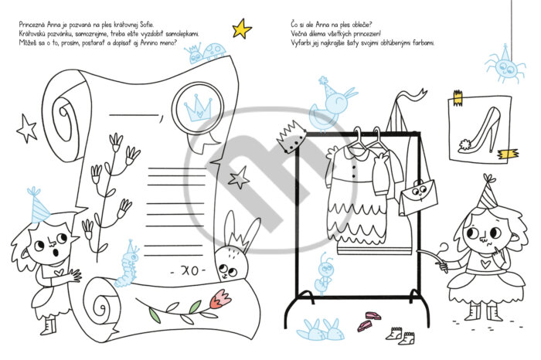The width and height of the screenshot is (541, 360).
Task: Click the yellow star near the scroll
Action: tap(241, 29)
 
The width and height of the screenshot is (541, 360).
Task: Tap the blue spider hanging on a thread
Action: tap(505, 67)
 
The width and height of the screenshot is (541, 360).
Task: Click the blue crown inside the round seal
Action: tap(198, 108)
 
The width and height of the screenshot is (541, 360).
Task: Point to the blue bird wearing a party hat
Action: tap(332, 104)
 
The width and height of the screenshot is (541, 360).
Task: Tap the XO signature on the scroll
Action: tap(189, 270)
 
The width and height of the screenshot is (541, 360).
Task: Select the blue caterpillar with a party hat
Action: tap(127, 266)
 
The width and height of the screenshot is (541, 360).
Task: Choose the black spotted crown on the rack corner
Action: tap(291, 137)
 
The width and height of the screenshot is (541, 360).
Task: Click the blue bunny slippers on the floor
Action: tap(321, 331)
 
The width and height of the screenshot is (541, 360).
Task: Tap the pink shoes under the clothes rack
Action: tap(369, 321)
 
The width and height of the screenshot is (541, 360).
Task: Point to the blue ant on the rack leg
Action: tap(324, 273)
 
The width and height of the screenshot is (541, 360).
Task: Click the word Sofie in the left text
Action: tap(146, 25)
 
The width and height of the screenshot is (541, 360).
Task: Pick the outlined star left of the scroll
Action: tap(26, 128)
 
